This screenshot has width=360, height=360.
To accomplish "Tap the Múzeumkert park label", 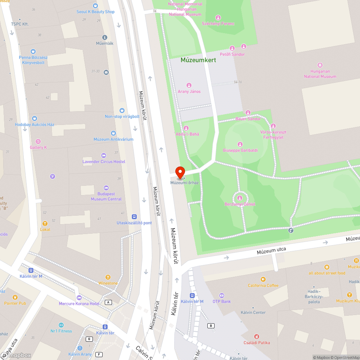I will click(198, 60).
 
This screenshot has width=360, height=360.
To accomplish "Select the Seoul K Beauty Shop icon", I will click(95, 6).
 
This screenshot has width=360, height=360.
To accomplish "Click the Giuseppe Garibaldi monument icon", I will click(240, 144).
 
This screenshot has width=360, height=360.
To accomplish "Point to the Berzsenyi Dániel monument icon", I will click(240, 198).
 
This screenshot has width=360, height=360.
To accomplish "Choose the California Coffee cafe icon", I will click(263, 279).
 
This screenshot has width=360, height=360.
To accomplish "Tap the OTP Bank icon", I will click(221, 295).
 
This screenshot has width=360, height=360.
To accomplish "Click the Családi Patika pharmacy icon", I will click(257, 337).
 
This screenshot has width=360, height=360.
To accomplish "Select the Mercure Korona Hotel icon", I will click(79, 297).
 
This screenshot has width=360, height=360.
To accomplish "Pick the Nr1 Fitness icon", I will click(61, 325).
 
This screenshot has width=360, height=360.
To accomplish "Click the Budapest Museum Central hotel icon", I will click(106, 188).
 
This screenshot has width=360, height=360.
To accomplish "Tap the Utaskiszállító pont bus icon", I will click(134, 217).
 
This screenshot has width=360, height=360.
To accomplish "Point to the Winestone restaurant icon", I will click(108, 277).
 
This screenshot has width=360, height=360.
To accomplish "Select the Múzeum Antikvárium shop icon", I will click(113, 133).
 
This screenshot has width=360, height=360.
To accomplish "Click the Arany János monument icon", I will click(189, 85).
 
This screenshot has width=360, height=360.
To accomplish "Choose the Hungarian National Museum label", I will click(320, 74).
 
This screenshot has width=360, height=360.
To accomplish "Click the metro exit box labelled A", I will click(108, 302).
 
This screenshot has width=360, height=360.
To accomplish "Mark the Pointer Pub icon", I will click(15, 297).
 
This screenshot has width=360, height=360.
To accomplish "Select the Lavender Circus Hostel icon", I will click(104, 156).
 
